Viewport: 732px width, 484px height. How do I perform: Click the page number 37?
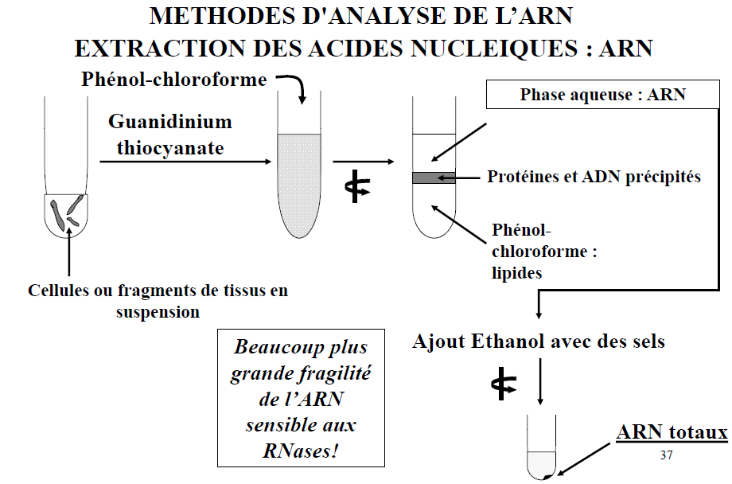[667, 455]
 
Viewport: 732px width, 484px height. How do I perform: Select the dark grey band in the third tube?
[434, 178]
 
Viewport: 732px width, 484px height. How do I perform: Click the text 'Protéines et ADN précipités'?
[594, 177]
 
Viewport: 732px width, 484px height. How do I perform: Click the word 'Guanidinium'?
[170, 122]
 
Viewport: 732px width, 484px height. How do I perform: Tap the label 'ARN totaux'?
[672, 432]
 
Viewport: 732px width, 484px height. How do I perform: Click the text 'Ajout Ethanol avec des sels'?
[539, 342]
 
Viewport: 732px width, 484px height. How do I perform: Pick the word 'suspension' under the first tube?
[158, 311]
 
